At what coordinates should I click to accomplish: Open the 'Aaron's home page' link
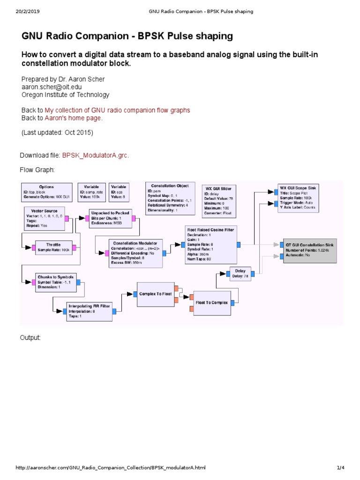tap(73, 118)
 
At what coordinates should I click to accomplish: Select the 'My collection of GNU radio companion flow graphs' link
tap(117, 110)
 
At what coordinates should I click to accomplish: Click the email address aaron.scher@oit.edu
tap(49, 87)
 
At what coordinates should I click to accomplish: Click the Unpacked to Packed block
tap(110, 218)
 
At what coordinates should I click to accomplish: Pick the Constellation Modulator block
tap(136, 253)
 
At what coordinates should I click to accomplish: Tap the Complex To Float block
tap(155, 294)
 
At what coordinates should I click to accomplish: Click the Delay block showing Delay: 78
tap(240, 273)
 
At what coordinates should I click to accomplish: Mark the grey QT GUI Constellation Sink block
tap(310, 250)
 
